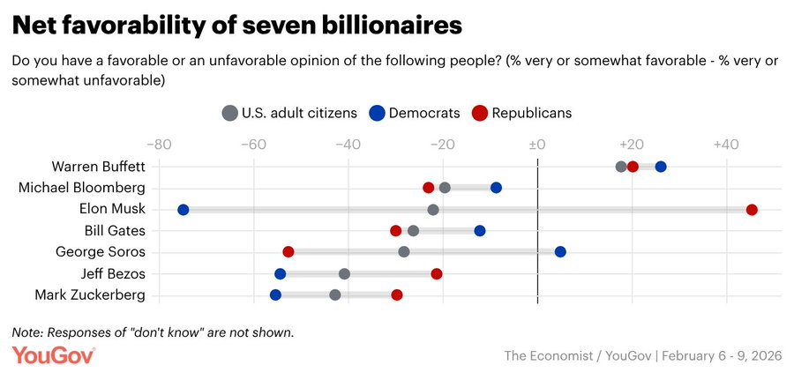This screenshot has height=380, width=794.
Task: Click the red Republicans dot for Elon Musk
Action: [x=752, y=209]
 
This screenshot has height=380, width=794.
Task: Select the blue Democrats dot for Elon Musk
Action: [x=184, y=209]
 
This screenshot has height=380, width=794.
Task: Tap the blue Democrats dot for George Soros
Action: [x=560, y=251]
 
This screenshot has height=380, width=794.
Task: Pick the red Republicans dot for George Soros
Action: [x=288, y=251]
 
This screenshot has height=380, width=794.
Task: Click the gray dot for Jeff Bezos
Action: [x=344, y=273]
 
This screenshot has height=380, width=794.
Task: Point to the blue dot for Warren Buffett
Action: [x=661, y=167]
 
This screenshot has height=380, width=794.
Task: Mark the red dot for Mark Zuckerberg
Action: [x=397, y=294]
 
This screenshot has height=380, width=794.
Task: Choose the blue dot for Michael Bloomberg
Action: [x=496, y=188]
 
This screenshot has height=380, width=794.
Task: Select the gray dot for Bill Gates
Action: [x=413, y=230]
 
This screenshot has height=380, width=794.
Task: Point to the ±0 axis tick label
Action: [x=536, y=145]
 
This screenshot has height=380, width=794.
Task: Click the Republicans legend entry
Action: [x=521, y=113]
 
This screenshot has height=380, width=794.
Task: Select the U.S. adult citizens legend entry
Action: [x=289, y=113]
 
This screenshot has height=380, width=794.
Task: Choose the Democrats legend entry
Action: [x=414, y=113]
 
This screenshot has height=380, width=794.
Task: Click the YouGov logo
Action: [x=54, y=355]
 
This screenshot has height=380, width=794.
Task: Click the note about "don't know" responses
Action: [x=153, y=332]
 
